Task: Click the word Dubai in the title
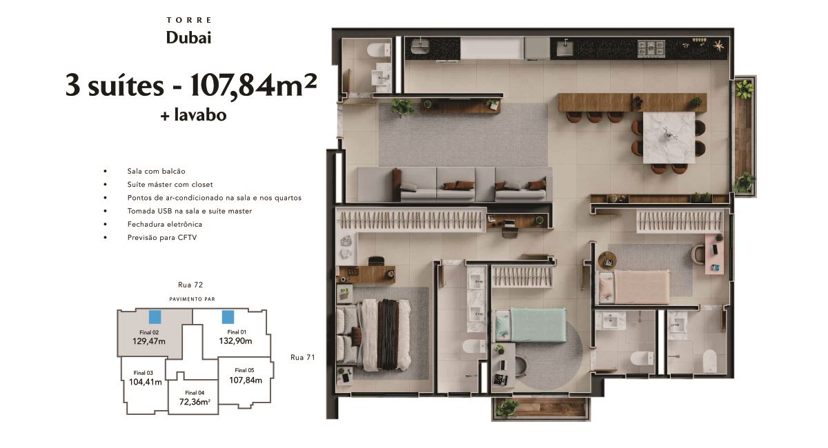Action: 188,38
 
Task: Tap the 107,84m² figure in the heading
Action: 254,85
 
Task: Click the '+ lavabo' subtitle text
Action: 193,115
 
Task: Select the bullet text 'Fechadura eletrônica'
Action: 164,224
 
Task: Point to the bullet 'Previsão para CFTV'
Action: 162,238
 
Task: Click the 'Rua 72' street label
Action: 190,285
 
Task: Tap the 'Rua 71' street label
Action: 302,357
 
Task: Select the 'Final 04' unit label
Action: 195,393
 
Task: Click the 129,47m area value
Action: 148,341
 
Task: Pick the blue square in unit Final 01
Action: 228,317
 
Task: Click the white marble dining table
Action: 669,137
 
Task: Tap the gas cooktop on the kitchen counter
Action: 651,48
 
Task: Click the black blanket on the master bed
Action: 388,334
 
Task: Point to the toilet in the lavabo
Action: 379,50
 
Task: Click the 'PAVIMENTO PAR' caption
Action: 192,299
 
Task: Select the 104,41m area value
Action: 146,382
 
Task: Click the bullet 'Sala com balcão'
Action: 157,171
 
